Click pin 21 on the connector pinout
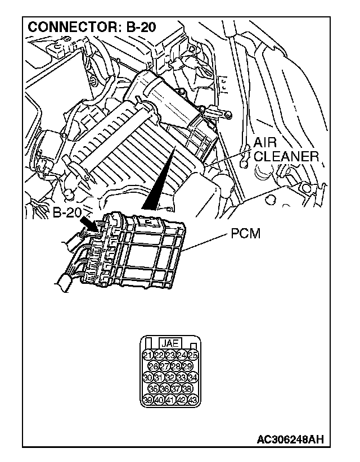point(147,355)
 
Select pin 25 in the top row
point(192,355)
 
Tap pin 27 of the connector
point(164,366)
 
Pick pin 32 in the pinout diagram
point(170,377)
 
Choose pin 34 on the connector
point(192,377)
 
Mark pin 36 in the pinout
point(164,388)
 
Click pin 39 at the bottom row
point(147,400)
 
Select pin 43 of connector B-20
point(192,400)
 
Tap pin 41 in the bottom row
point(170,400)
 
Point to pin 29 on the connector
point(187,366)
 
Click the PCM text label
point(246,233)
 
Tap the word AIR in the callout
point(264,143)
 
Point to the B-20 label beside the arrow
point(69,214)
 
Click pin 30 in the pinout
point(147,377)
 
